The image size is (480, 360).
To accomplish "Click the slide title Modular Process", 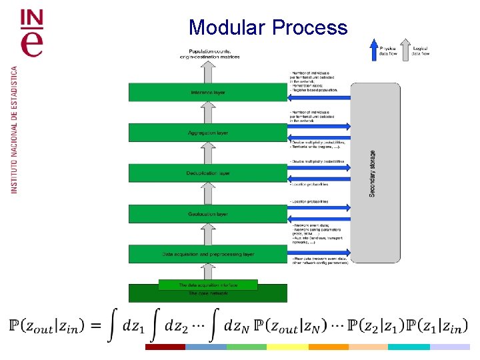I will click(268, 27).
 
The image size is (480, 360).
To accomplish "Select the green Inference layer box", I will click(207, 92).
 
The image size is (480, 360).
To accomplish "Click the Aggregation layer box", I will click(207, 133).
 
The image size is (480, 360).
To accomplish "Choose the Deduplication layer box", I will click(207, 173).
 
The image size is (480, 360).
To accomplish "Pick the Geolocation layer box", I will click(207, 214).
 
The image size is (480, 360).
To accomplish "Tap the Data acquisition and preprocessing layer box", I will click(207, 254).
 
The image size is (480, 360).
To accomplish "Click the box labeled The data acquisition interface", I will click(207, 285).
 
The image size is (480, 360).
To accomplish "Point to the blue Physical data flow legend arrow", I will click(373, 49).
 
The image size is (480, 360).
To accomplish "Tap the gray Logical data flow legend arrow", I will click(406, 49).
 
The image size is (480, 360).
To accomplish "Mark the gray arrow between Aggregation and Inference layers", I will click(207, 113).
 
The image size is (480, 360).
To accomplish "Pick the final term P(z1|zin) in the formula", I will click(436, 326).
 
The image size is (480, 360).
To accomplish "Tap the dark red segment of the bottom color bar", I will click(165, 347).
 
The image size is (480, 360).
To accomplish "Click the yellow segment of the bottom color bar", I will click(287, 347).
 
